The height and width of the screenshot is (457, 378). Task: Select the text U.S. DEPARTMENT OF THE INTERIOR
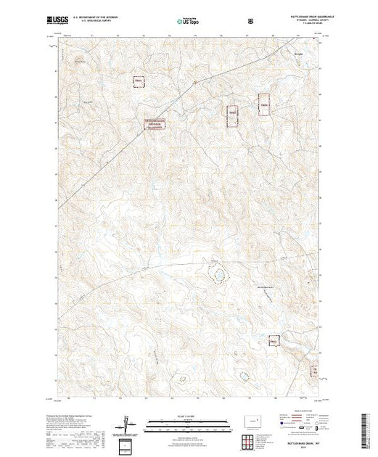(99, 15)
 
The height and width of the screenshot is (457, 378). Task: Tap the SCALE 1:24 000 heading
(187, 416)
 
